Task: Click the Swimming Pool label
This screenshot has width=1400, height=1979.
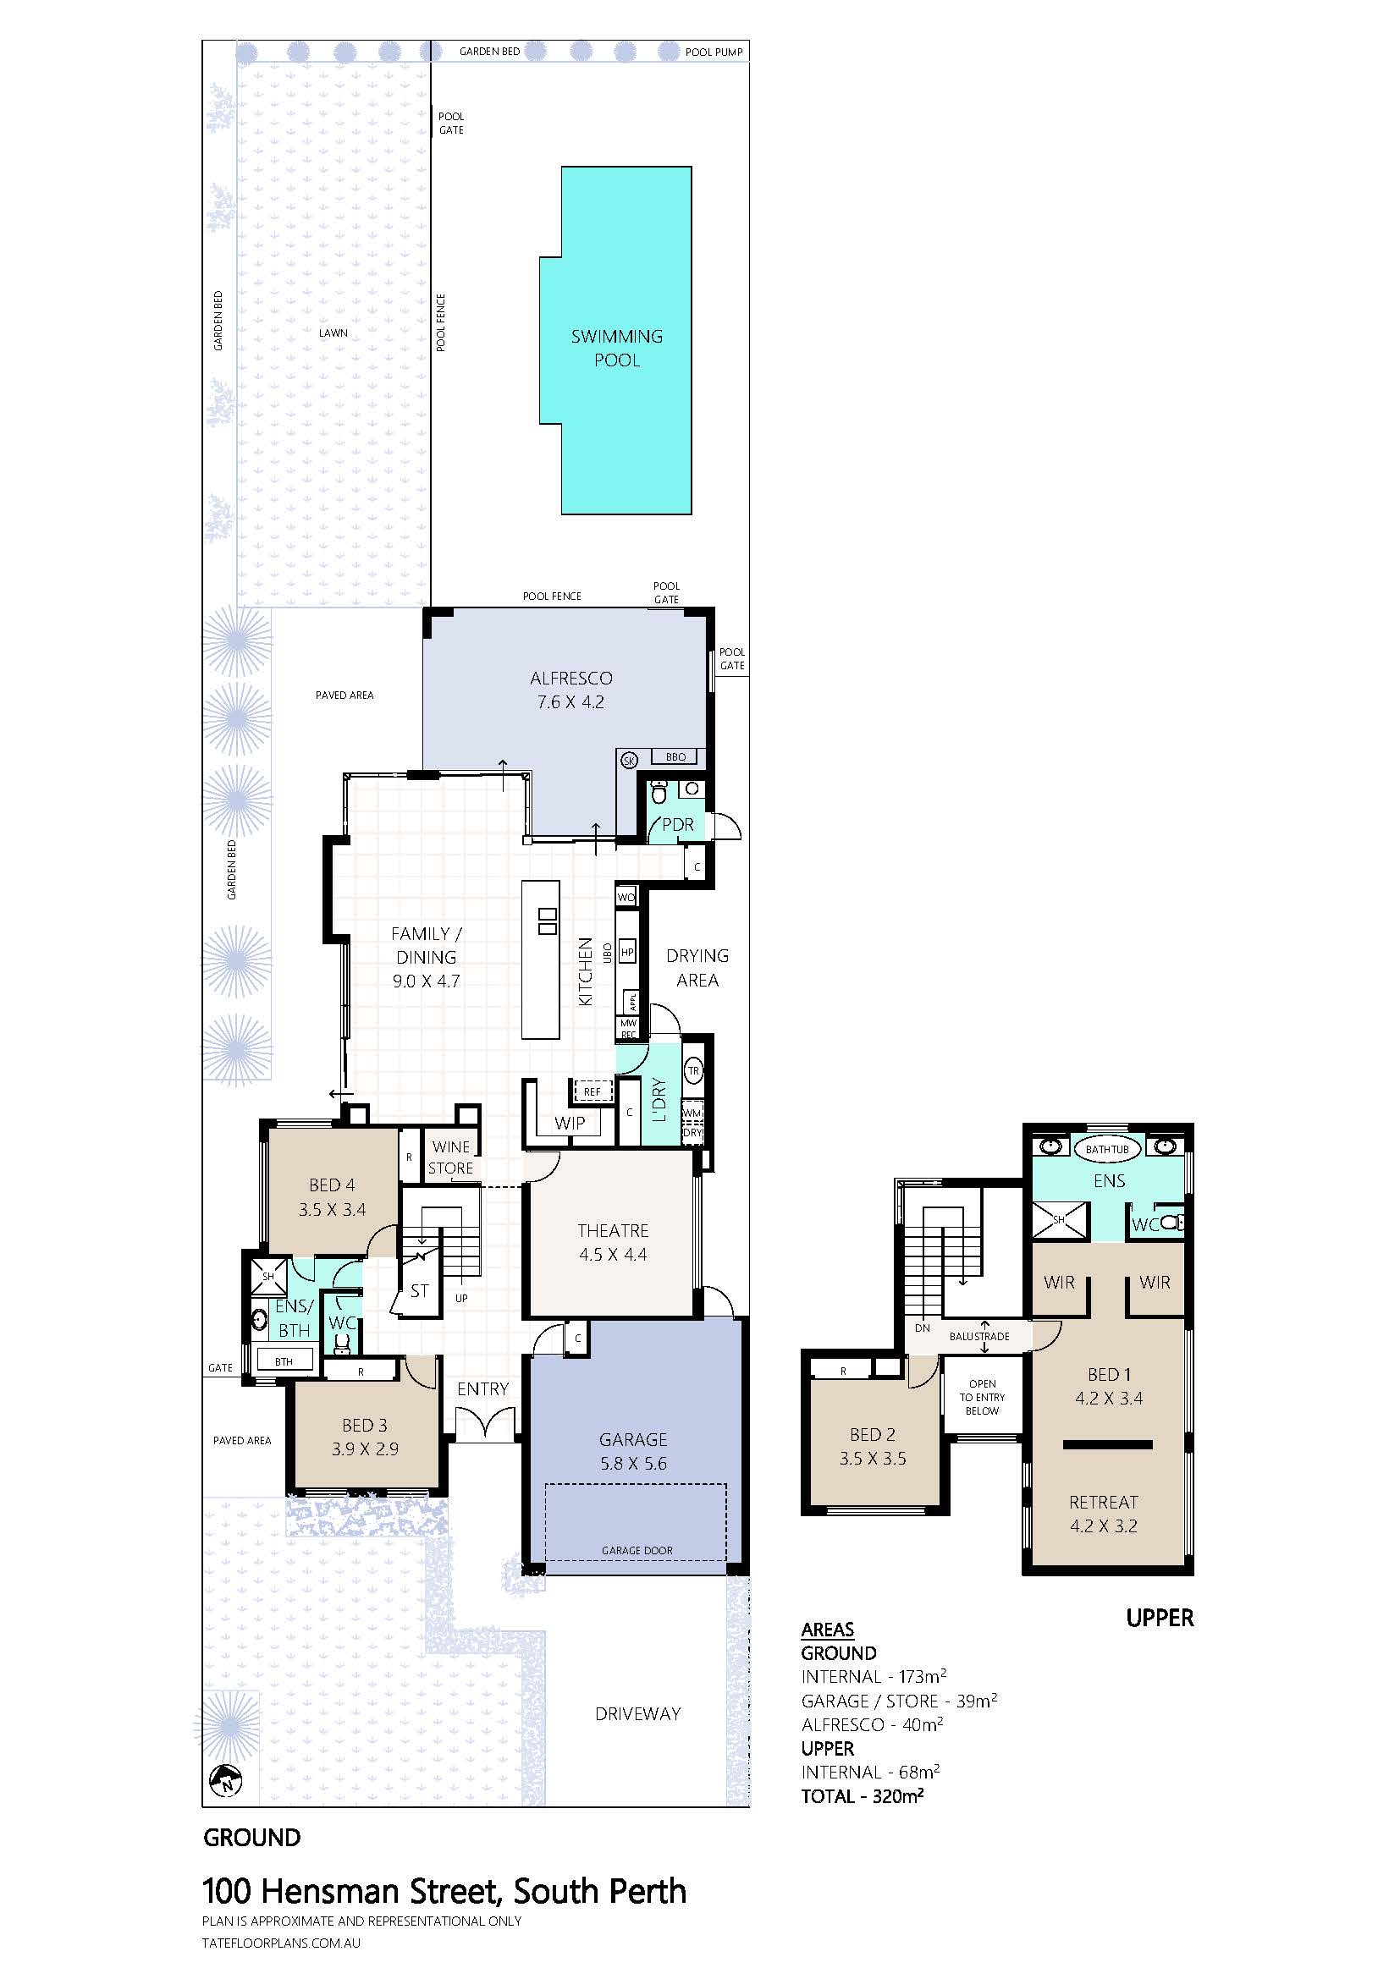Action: [617, 349]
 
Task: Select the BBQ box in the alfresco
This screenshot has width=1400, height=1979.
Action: [675, 756]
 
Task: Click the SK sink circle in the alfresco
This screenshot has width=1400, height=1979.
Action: [628, 759]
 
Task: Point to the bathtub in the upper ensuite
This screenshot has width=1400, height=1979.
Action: [1107, 1149]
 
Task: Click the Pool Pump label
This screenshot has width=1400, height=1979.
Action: [714, 52]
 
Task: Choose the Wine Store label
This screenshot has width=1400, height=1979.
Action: [451, 1157]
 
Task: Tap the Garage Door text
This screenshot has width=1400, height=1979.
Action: [637, 1551]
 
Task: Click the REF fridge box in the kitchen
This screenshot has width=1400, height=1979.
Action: [593, 1092]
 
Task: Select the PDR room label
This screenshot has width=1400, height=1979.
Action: [678, 825]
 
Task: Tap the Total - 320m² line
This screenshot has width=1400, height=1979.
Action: [862, 1796]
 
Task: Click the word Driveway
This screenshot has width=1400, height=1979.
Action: [638, 1714]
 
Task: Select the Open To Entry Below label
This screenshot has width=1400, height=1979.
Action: [983, 1397]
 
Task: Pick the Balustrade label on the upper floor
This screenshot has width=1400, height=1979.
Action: [979, 1337]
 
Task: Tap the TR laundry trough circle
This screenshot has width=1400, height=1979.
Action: [694, 1071]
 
